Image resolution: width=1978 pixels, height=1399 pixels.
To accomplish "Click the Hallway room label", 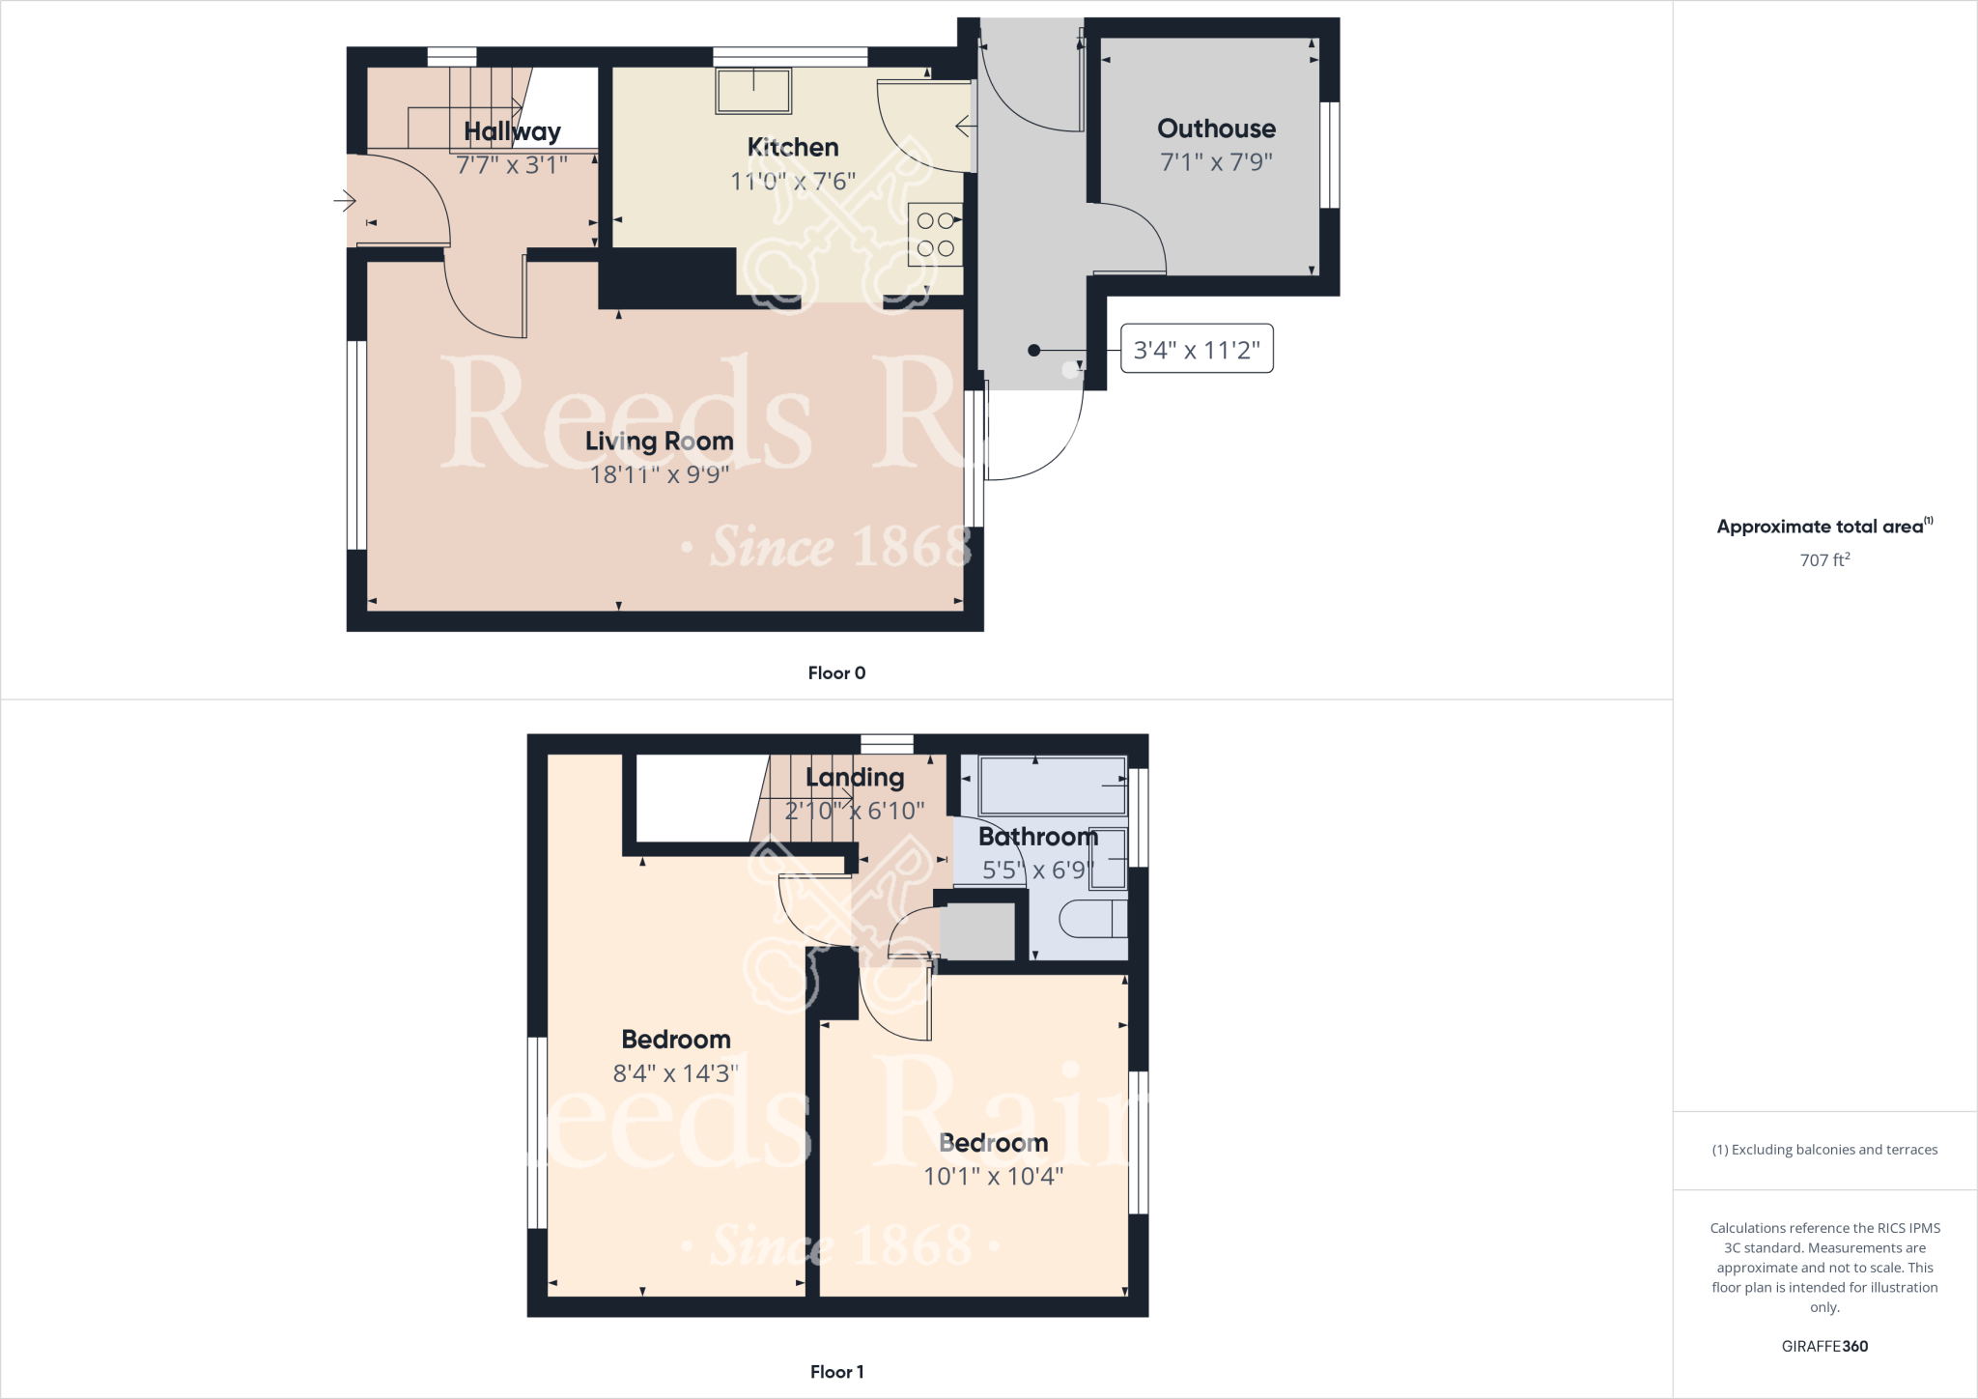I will [x=512, y=131].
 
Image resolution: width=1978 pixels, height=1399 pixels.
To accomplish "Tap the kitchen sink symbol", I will [x=753, y=92].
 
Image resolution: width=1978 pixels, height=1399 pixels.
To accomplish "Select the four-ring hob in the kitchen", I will [x=935, y=235].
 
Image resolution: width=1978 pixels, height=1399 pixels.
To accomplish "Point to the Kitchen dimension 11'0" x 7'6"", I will [x=793, y=181].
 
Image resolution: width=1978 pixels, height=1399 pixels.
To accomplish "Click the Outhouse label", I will [x=1216, y=128].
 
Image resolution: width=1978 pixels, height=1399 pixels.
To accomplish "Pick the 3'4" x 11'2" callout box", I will [x=1197, y=349].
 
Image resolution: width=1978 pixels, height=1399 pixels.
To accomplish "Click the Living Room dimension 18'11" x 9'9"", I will [x=660, y=474].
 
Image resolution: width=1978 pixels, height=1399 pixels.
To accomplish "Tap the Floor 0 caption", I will [x=836, y=673].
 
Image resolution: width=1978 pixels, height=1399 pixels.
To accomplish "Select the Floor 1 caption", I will [x=836, y=1372].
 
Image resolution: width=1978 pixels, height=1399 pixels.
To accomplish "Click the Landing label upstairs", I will [x=855, y=778].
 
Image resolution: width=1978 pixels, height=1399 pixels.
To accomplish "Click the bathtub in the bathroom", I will [x=1053, y=785].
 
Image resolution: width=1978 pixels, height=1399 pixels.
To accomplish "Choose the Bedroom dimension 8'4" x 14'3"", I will [x=675, y=1073].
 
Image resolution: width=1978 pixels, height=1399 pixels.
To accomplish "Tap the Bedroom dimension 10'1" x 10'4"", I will [x=993, y=1176].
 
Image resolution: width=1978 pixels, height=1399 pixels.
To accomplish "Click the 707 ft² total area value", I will [x=1824, y=560].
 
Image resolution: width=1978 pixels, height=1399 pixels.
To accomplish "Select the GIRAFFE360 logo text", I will [x=1824, y=1346].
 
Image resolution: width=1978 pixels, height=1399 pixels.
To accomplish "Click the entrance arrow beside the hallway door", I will [x=345, y=201].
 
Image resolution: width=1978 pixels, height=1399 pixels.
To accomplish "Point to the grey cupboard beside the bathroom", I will [x=977, y=931].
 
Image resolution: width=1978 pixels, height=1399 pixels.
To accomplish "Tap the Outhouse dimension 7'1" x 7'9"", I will [x=1216, y=162].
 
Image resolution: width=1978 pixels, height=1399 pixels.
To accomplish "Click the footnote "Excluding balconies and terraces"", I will [x=1824, y=1150].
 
